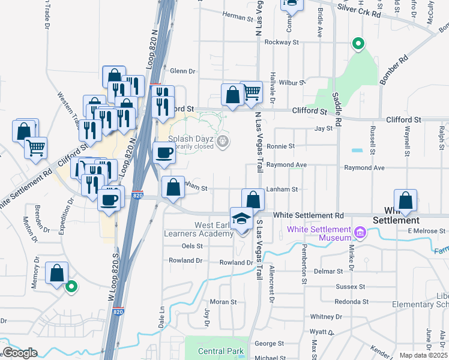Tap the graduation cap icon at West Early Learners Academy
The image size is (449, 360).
pos(241,217)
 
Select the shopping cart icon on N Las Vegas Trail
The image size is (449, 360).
pos(253,92)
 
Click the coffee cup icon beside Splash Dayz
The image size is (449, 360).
pos(164,152)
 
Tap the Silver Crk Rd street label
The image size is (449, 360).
pos(360,13)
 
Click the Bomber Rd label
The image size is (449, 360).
pos(394,70)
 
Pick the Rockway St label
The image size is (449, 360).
pos(282,43)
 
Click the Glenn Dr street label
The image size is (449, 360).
pos(183,71)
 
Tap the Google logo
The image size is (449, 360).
pos(20,353)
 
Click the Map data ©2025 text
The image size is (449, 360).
pos(423,355)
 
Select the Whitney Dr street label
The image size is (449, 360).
pos(326,316)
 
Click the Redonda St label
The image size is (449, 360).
pos(351,301)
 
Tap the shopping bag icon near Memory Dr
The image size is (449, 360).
pos(57,273)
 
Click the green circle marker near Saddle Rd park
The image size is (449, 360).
pos(358,43)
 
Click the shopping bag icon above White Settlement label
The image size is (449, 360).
pos(406,200)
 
